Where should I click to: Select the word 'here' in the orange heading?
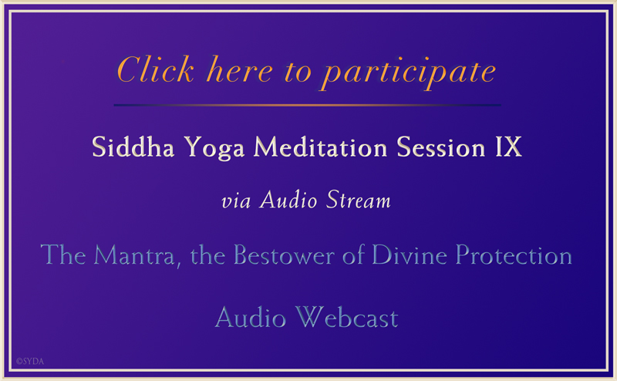point(228,70)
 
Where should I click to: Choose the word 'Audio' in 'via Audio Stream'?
point(291,202)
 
